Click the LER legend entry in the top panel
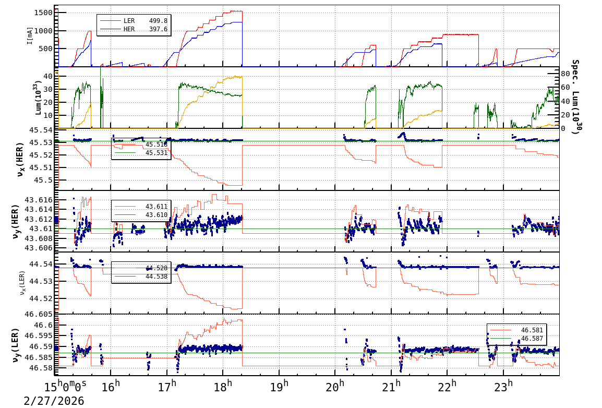pos(129,21)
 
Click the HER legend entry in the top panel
pos(129,29)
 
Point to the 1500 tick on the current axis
pos(45,12)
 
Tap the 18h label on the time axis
pos(223,388)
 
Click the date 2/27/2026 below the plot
pos(54,401)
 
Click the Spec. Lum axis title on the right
pos(575,97)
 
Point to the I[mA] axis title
pos(30,35)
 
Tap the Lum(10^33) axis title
pos(38,98)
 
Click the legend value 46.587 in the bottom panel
pos(532,339)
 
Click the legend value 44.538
pos(156,277)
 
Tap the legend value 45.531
pos(156,153)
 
